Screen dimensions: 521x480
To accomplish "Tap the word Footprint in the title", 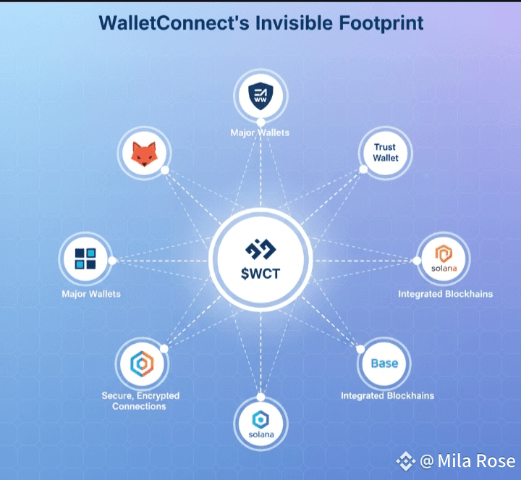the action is coord(381,23).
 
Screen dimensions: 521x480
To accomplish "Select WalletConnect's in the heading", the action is coord(174,22).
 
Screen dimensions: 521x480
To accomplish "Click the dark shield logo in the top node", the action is coord(260,96).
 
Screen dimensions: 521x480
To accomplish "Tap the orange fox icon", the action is coord(144,154).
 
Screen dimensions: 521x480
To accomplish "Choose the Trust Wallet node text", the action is coord(386,153).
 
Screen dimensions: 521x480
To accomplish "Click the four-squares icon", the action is coord(85,258).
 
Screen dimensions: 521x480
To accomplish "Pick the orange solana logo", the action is coord(444,258).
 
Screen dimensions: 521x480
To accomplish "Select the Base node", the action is coord(384,363).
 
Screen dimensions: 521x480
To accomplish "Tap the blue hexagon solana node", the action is coord(260,424).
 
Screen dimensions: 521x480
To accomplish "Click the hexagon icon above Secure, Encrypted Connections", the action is coord(143,363).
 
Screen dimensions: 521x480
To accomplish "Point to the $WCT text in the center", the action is coord(260,274).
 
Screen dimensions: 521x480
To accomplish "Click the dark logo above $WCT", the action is coord(260,248).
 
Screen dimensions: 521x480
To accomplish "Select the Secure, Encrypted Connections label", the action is coord(140,401).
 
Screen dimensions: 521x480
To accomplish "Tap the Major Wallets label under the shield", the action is coord(260,133).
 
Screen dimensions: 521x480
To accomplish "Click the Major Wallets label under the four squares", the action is coord(91,294).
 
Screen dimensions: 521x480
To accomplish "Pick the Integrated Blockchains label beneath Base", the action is coord(387,396).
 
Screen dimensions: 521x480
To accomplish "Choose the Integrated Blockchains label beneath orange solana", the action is coord(445,294).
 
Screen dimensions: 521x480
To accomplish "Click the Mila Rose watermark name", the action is coord(476,461).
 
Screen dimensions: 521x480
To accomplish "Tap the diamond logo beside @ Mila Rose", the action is coord(405,461).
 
